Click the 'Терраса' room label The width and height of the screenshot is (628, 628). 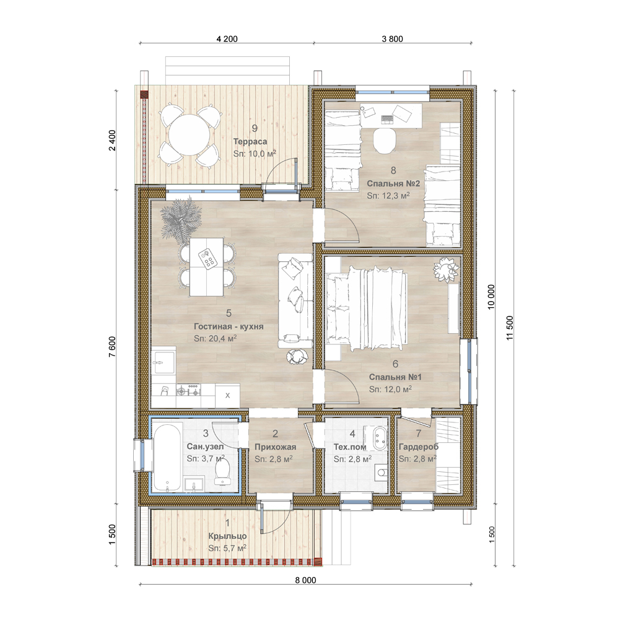coord(250,141)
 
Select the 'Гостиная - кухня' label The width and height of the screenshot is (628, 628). coord(229,326)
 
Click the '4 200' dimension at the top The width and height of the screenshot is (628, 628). coord(227,39)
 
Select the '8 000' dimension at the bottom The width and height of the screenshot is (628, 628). coord(305,580)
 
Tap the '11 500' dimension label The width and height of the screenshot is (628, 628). coord(510,328)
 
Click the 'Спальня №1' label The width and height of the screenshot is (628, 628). coord(395,377)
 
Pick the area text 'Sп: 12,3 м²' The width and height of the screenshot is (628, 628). coord(388,196)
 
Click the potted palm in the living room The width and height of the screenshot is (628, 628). coord(178,220)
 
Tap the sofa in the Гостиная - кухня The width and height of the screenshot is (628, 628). coord(295,300)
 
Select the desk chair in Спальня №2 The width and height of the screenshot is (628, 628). coord(385,141)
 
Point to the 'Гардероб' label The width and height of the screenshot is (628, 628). coord(419,447)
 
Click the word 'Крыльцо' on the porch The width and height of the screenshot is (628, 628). coord(227,536)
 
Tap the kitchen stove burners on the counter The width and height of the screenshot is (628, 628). coord(188,390)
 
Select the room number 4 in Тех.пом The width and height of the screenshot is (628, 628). coord(352,434)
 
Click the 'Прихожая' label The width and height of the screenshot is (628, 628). coord(275,447)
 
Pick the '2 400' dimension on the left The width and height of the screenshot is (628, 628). coord(112,140)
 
